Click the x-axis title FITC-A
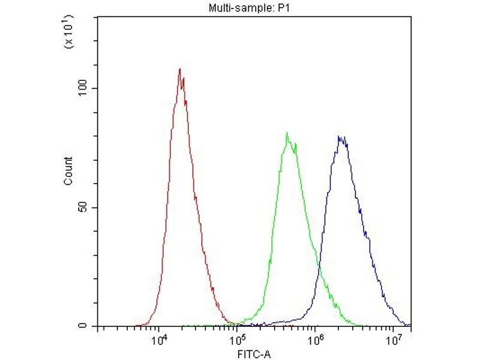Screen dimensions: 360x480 253,353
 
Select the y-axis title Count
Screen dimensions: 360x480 68,171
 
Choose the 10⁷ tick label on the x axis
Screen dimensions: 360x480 394,340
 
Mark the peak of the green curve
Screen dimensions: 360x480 287,133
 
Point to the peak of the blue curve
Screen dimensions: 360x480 340,136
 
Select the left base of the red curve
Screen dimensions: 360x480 137,325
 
